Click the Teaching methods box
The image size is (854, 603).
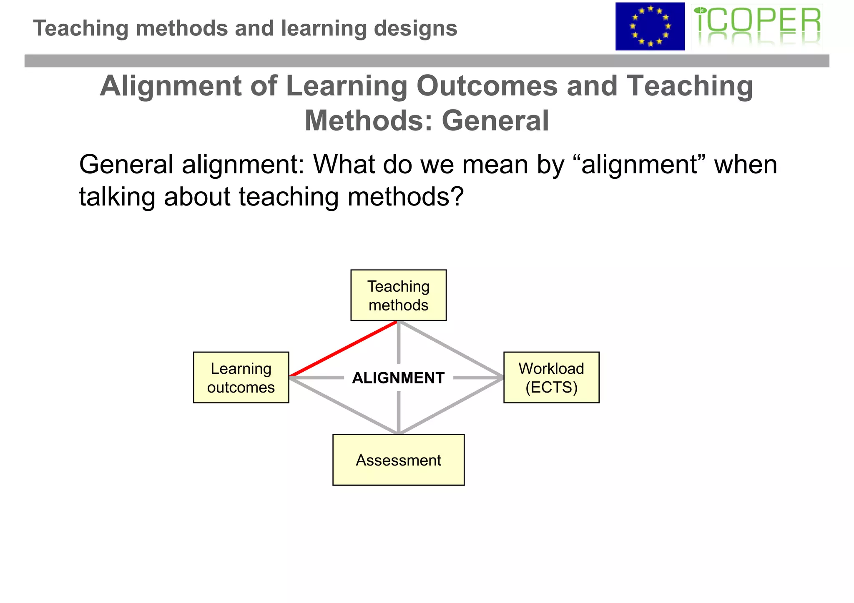click(398, 295)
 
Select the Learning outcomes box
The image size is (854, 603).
click(241, 377)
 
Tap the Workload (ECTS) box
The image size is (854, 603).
click(551, 377)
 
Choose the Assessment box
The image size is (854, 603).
click(398, 460)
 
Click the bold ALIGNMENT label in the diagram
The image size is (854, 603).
click(398, 378)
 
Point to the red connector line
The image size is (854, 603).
click(343, 349)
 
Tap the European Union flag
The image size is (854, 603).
click(650, 26)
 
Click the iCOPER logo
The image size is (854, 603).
click(757, 26)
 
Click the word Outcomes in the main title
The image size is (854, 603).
click(487, 86)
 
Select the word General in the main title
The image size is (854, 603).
click(495, 121)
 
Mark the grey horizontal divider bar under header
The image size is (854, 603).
click(427, 61)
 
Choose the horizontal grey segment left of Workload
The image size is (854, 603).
click(478, 378)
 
